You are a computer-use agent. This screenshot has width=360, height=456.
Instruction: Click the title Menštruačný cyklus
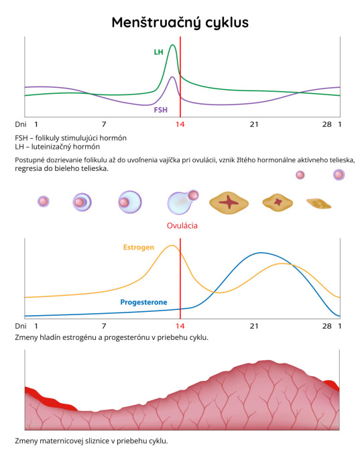coord(180,23)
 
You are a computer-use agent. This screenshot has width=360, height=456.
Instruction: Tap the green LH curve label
coord(158,52)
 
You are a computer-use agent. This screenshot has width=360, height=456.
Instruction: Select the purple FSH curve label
coord(160,110)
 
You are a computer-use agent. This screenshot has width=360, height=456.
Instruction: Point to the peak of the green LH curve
coord(173,45)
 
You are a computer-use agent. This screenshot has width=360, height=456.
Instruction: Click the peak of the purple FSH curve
coord(172,77)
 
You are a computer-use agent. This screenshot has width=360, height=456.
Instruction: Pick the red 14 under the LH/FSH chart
coord(180,125)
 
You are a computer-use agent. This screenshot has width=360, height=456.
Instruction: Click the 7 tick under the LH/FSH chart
coord(104,125)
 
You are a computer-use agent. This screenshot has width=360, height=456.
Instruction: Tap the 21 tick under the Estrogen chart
coord(254,326)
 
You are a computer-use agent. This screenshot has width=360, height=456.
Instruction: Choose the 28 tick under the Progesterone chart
coord(326,326)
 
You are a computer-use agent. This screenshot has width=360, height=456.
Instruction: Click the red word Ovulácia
coord(182,226)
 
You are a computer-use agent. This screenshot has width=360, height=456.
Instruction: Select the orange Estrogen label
coord(138,247)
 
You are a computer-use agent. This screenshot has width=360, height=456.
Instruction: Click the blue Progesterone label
coord(143,302)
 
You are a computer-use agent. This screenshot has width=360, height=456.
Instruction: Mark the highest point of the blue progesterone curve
coord(261,253)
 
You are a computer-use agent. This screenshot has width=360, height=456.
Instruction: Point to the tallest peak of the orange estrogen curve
coord(172,245)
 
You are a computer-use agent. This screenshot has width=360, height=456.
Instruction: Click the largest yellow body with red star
coord(229,203)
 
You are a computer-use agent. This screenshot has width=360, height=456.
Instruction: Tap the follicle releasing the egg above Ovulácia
coord(182,202)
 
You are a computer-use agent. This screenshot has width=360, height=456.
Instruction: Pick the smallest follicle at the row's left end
coord(44,201)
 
